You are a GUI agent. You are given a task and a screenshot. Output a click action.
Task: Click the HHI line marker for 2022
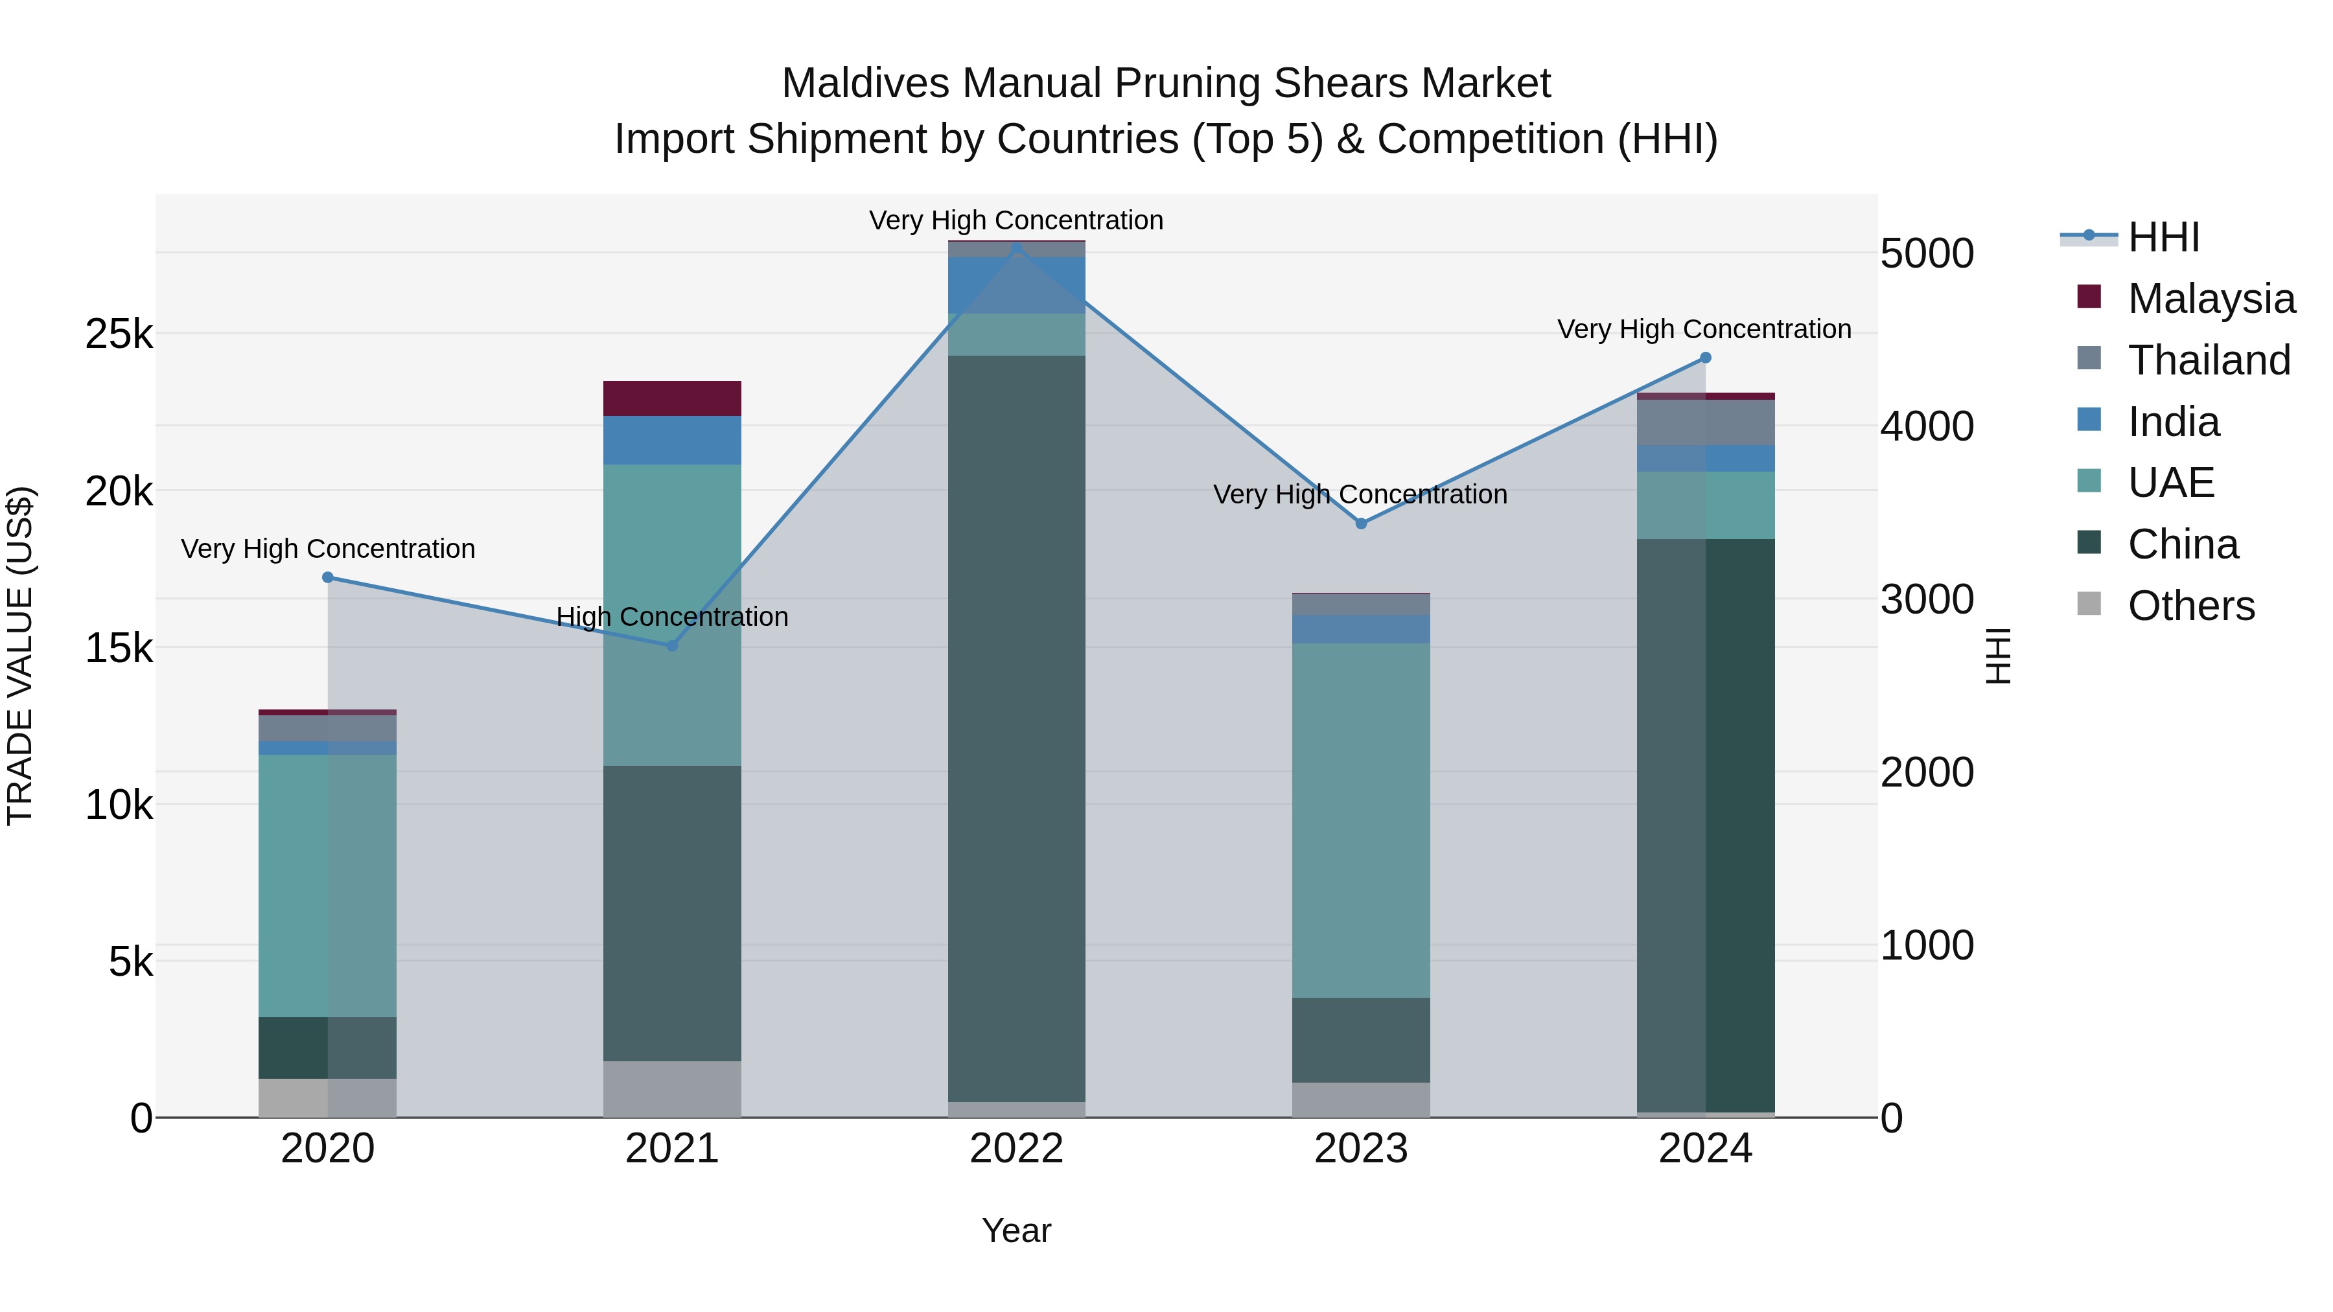click(x=1016, y=248)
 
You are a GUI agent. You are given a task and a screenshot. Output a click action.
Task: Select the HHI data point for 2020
click(x=328, y=578)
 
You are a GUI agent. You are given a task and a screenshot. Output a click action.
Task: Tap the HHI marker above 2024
click(x=1706, y=358)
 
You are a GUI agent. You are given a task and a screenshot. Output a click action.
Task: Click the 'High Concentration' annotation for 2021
click(x=672, y=617)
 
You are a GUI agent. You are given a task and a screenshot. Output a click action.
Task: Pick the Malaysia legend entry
click(x=2210, y=299)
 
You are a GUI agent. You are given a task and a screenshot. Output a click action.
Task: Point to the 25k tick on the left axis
click(x=119, y=335)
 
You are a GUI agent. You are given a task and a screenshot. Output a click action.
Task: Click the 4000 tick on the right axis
click(x=1927, y=426)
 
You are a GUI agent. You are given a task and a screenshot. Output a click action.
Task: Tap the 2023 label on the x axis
click(x=1360, y=1148)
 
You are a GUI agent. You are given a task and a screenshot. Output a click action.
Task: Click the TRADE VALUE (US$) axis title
click(x=20, y=656)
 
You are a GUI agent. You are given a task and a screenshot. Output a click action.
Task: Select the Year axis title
click(x=1016, y=1230)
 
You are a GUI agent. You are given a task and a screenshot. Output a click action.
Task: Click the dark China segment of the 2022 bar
click(x=1016, y=724)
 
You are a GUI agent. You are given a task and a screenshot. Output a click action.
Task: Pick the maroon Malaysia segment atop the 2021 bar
click(x=672, y=398)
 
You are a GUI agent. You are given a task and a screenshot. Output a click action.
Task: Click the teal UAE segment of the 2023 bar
click(x=1360, y=820)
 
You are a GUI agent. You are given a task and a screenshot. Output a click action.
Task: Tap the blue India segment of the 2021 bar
click(x=672, y=440)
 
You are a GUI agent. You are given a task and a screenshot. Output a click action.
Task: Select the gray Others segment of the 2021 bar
click(x=672, y=1088)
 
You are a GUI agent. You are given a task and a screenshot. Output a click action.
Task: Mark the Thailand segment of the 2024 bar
click(x=1706, y=422)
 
